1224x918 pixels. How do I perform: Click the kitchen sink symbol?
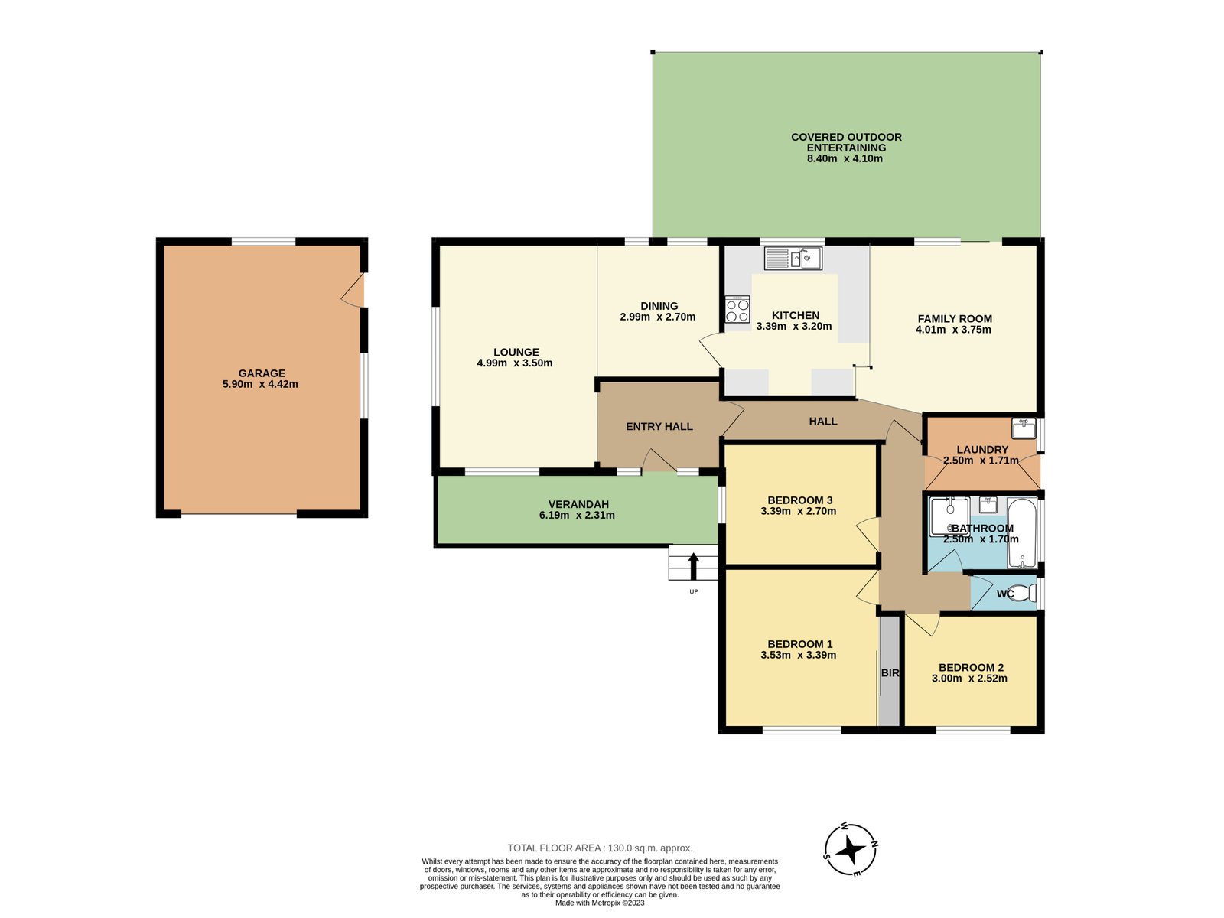[793, 259]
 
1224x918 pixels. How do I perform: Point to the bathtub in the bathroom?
[1022, 533]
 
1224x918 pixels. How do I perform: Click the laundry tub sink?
[1024, 428]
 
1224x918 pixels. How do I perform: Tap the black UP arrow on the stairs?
[693, 566]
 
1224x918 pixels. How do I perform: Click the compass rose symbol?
[851, 850]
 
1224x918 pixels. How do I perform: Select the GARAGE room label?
[262, 373]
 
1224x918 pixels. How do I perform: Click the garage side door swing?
[353, 290]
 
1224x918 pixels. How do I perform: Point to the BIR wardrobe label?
[890, 672]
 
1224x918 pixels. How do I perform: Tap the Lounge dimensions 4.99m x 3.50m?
[514, 363]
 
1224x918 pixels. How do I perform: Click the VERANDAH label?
[578, 504]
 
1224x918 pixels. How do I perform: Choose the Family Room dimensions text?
[953, 330]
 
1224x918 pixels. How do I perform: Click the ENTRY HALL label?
[659, 426]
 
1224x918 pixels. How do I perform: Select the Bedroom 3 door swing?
[868, 534]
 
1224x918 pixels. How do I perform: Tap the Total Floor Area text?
[600, 848]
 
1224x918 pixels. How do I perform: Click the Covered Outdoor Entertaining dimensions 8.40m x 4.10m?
[845, 158]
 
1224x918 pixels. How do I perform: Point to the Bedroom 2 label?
[971, 668]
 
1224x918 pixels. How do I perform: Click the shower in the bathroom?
[949, 516]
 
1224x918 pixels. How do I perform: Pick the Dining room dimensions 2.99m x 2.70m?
[657, 317]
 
